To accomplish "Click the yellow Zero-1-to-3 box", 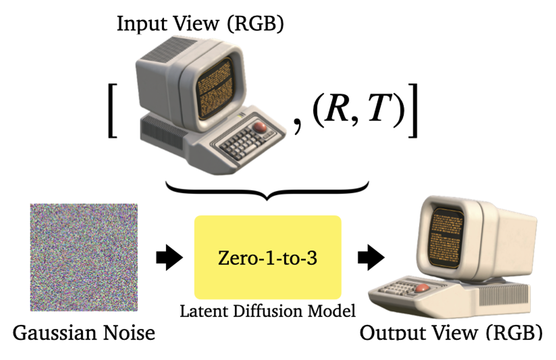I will click(268, 257).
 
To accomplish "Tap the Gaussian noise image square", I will click(84, 257).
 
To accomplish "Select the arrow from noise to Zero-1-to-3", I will click(169, 258).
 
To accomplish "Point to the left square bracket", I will click(113, 110).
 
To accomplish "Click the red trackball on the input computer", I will click(261, 127).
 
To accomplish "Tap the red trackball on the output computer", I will click(422, 288).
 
